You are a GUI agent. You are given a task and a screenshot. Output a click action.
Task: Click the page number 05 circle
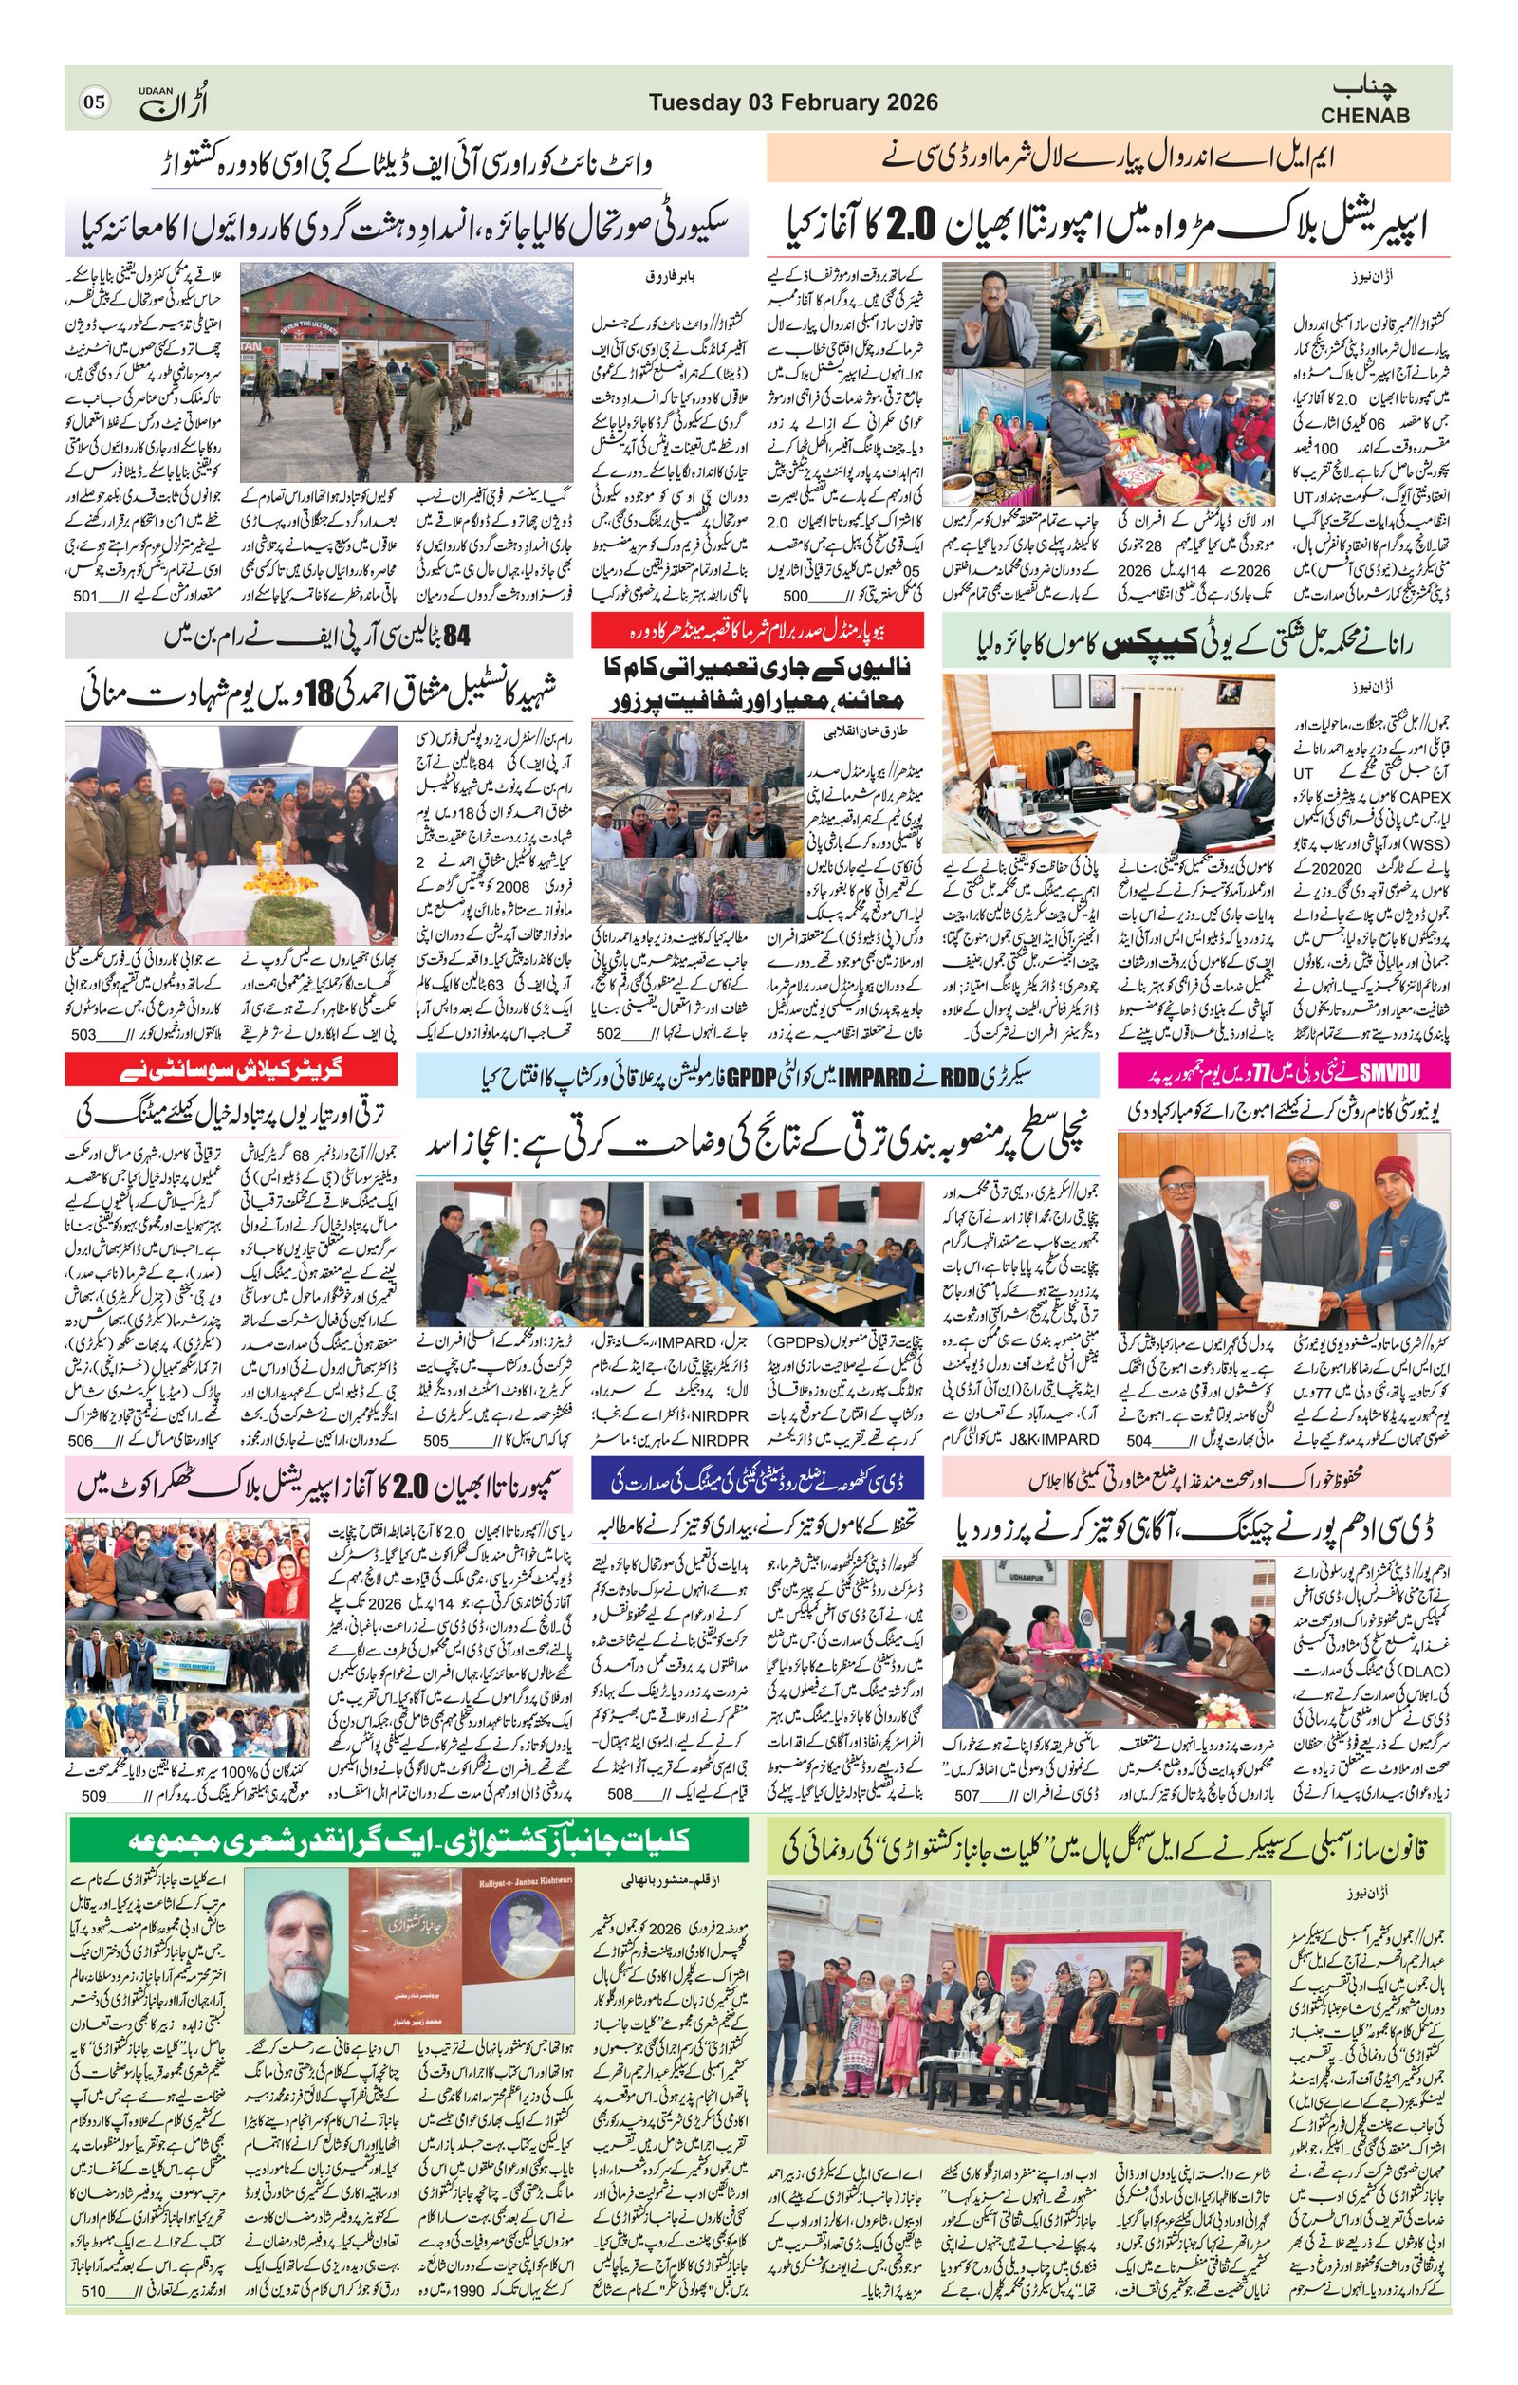click(94, 102)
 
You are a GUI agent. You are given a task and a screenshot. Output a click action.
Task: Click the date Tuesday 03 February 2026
click(793, 102)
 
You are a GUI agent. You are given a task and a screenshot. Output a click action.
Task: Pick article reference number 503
click(84, 1035)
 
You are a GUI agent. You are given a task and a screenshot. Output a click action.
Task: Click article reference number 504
click(1138, 1440)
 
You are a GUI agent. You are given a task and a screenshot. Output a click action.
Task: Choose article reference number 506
click(82, 1440)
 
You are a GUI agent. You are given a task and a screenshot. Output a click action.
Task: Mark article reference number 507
click(966, 1794)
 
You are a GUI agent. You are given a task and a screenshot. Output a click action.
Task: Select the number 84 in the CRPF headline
click(455, 638)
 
